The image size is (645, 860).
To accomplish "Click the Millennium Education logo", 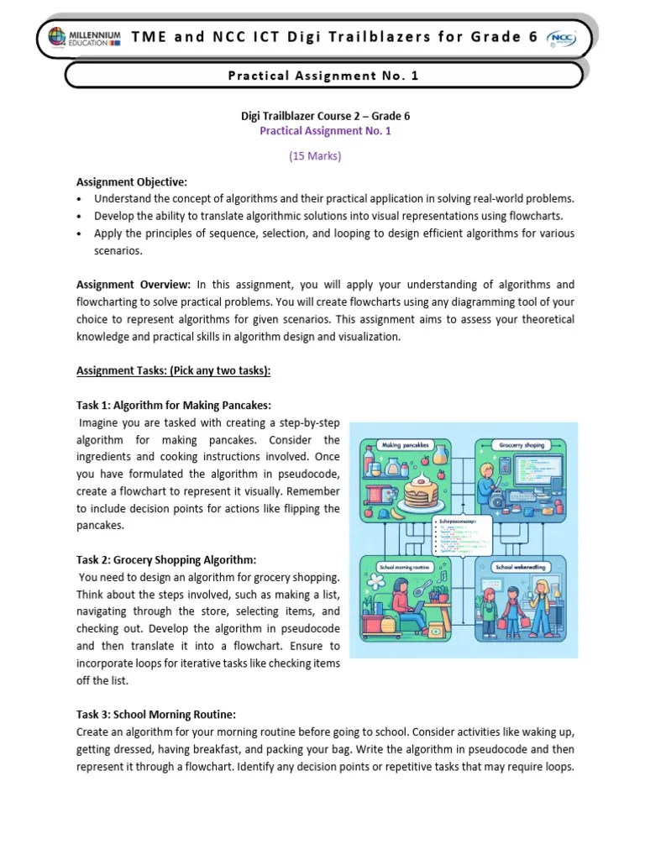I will (80, 38).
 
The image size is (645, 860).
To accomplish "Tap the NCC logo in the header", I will (560, 38).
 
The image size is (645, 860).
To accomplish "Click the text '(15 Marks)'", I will (315, 156).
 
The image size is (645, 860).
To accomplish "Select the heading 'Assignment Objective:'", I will (132, 182).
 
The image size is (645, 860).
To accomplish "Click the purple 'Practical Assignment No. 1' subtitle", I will (325, 131).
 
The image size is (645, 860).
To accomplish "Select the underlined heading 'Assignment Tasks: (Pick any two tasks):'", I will (174, 370).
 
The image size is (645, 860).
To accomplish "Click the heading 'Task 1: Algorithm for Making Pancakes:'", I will (174, 406).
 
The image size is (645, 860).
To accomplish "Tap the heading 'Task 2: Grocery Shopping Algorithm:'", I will (166, 559).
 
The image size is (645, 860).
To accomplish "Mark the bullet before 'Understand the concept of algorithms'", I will (79, 199).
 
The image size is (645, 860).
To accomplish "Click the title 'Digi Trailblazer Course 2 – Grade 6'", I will (325, 116).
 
